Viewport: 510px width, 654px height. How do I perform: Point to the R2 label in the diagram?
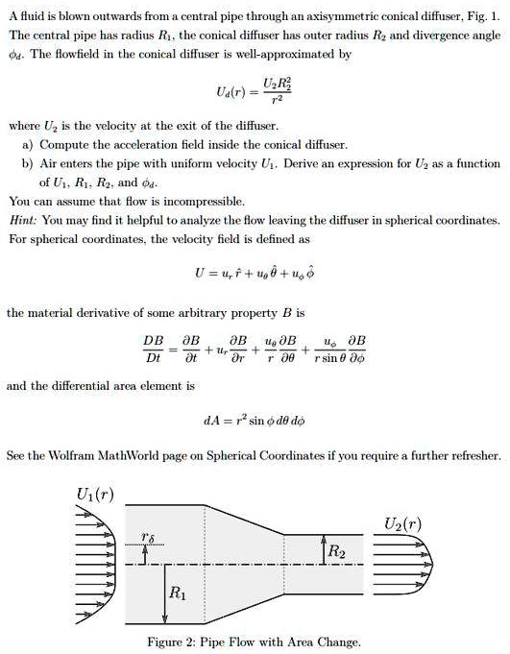click(x=335, y=552)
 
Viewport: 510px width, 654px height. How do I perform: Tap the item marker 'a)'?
click(x=28, y=142)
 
